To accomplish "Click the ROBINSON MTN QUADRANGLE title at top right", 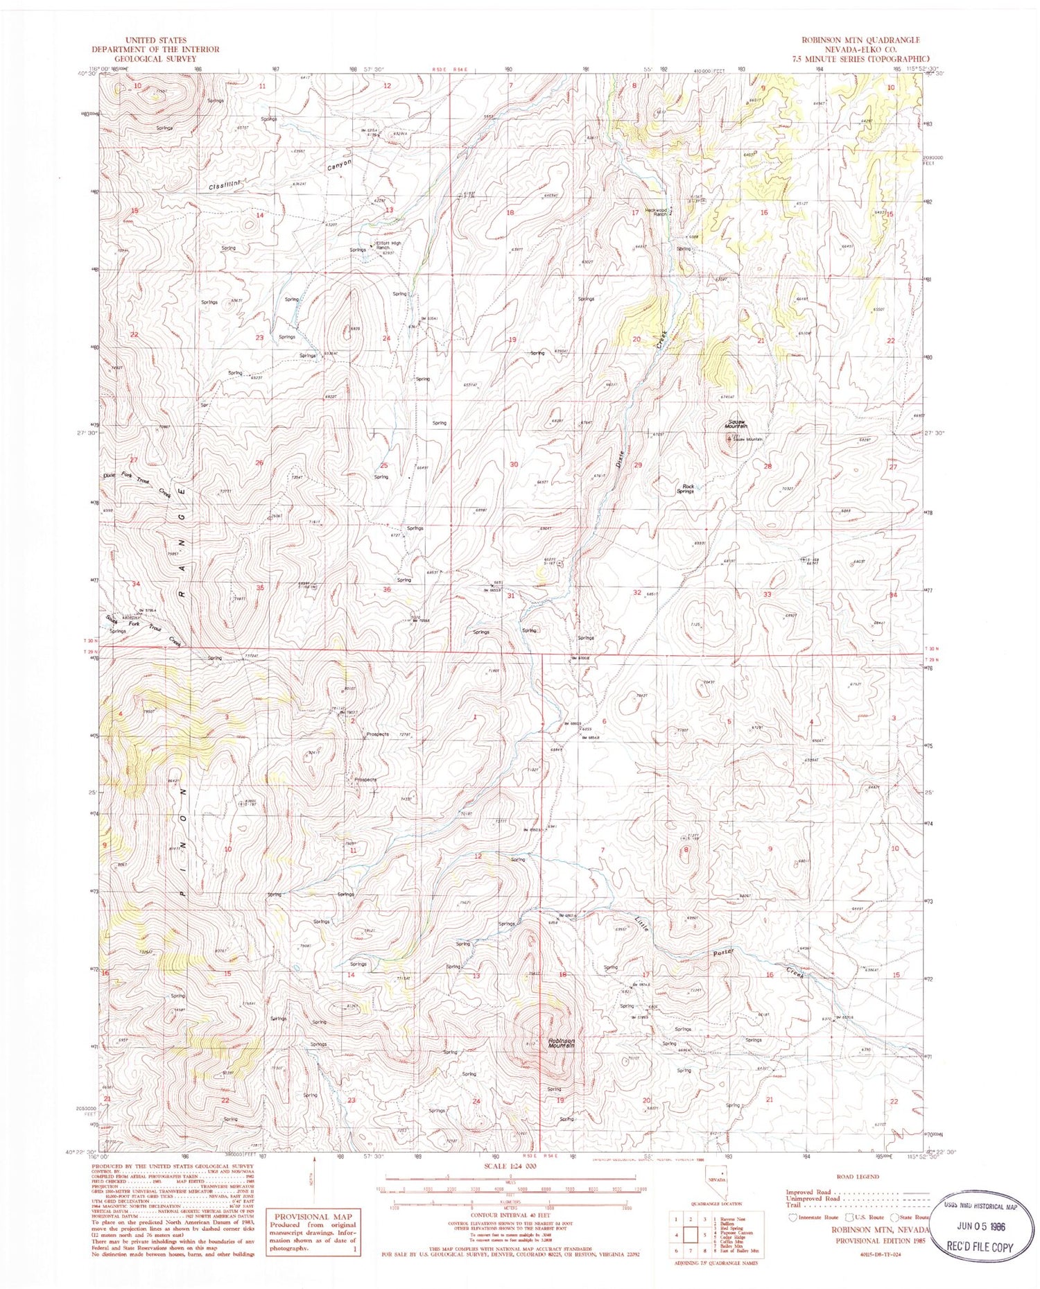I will tap(860, 40).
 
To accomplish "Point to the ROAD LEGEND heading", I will tap(858, 1177).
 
